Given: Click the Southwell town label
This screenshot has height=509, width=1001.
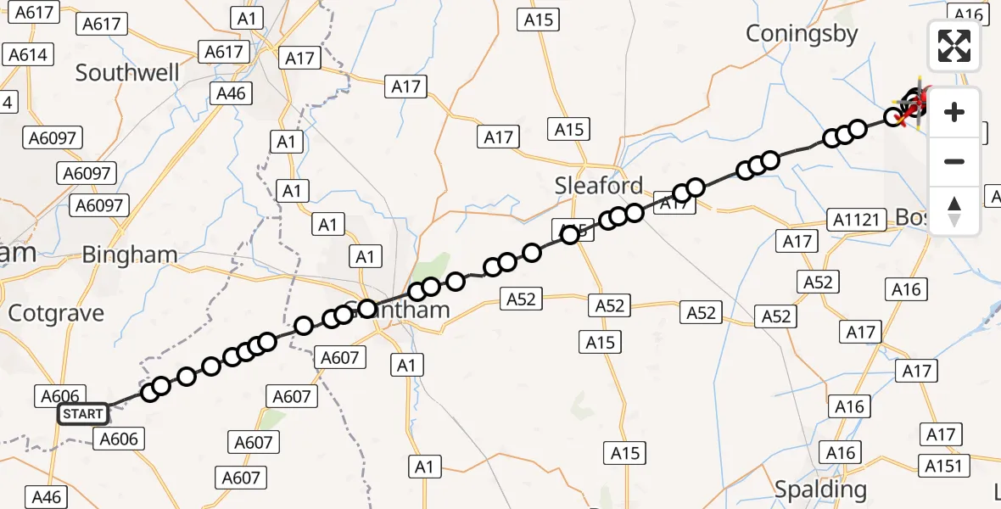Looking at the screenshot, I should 127,73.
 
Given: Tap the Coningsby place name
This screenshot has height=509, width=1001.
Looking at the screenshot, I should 802,34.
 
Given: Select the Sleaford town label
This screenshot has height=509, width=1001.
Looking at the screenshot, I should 599,186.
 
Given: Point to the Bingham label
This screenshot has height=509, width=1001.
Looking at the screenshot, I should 130,255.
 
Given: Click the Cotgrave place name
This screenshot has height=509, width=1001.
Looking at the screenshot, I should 56,314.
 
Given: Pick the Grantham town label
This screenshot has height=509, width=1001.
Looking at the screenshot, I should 399,310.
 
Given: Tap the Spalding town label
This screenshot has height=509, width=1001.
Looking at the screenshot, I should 821,489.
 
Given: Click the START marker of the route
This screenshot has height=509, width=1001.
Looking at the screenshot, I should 83,414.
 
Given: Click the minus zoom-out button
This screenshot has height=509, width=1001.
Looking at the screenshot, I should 954,162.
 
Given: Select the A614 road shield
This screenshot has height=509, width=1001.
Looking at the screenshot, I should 28,55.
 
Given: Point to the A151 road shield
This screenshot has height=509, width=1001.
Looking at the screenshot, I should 943,466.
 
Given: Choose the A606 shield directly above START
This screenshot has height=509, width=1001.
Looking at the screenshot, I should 59,396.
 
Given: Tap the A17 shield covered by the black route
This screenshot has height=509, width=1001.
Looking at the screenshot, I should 674,204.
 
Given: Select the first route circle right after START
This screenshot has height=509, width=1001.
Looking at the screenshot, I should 150,392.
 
